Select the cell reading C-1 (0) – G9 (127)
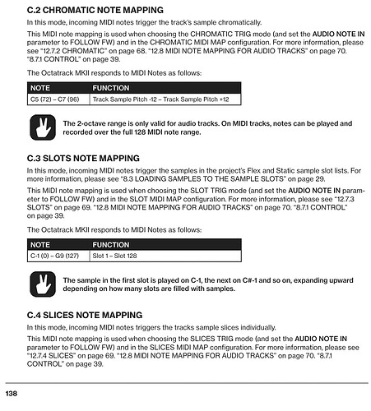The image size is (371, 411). click(57, 256)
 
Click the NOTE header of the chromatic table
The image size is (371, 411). click(40, 86)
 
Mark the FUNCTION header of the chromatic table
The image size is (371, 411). click(111, 86)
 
